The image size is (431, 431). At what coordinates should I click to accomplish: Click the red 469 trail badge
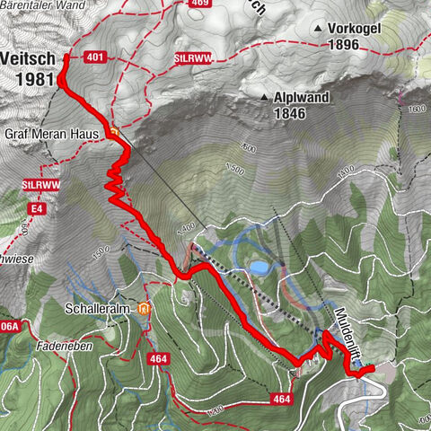[198, 4]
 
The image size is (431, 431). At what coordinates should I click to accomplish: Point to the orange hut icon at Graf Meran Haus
[113, 133]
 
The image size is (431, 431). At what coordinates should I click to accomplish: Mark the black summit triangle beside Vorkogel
[318, 30]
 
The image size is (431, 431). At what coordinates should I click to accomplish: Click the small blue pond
[259, 268]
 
